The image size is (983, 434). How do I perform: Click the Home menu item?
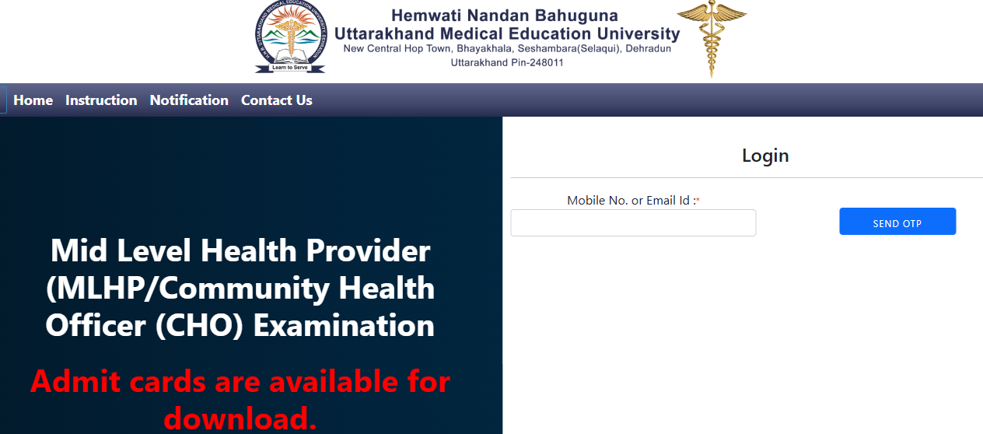click(33, 100)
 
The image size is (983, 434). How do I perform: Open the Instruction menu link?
click(101, 100)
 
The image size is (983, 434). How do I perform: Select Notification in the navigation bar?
click(189, 100)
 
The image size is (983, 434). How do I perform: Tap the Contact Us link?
click(277, 100)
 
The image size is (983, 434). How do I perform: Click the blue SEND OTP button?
click(897, 221)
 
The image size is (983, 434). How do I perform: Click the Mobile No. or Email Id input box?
click(633, 223)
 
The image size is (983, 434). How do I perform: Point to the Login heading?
click(765, 156)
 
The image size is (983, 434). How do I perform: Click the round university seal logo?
click(291, 37)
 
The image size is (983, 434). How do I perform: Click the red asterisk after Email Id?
click(698, 200)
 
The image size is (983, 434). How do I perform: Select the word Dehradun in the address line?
click(648, 49)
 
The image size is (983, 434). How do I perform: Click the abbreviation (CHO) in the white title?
click(199, 326)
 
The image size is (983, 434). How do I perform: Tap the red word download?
click(240, 418)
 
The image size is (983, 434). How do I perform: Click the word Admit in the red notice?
click(75, 381)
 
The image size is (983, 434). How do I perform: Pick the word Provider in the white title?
click(368, 251)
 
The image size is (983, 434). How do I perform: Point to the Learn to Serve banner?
click(290, 68)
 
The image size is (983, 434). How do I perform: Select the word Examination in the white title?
click(344, 326)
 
